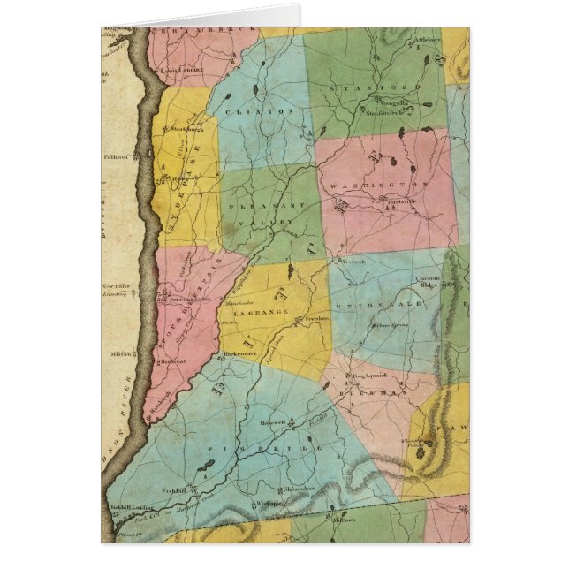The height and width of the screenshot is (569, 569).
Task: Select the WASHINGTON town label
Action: point(380,186)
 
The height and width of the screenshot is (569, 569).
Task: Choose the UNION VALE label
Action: point(386,304)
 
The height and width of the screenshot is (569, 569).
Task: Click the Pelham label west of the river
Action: point(115,156)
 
